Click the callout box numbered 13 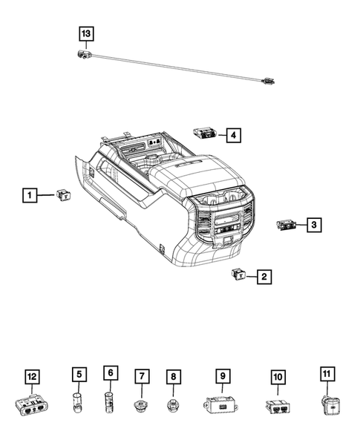87,34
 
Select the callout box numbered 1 29,196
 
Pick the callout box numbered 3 315,224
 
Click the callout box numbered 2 264,277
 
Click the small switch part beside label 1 62,195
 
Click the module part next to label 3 287,224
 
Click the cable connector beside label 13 82,53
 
